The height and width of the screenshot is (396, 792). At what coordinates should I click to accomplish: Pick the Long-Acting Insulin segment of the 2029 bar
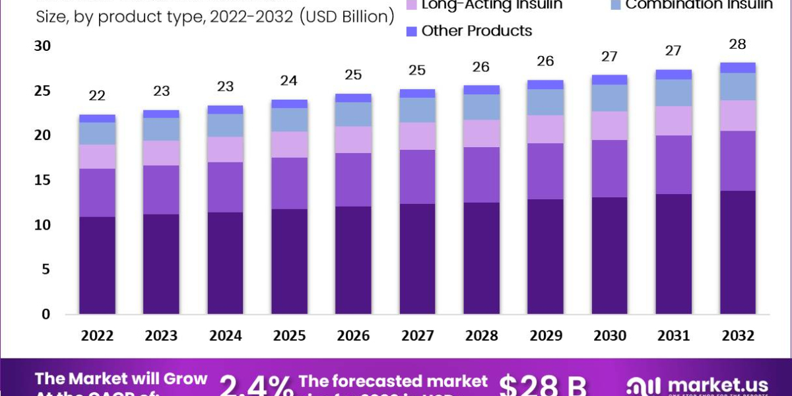click(546, 129)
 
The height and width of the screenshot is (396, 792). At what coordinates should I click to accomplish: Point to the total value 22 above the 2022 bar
click(97, 96)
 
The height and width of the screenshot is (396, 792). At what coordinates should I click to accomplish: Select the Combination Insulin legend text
click(699, 5)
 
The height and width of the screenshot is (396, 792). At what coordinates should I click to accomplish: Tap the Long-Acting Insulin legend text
click(492, 5)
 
